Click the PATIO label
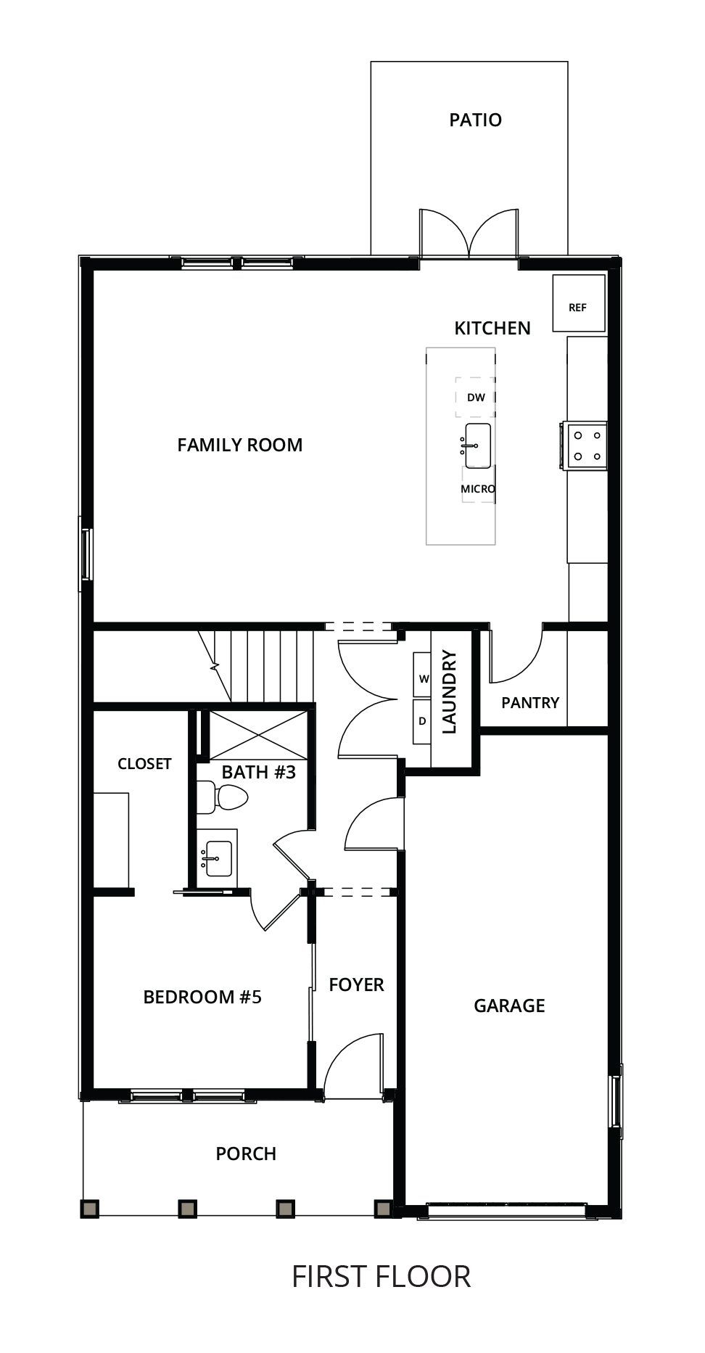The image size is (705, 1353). click(475, 120)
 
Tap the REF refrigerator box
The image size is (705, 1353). click(578, 303)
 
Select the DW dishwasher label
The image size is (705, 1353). click(476, 398)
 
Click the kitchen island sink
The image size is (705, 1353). click(477, 445)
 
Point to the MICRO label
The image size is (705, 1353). click(478, 489)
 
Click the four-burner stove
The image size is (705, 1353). click(584, 446)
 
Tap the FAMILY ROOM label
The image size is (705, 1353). click(240, 445)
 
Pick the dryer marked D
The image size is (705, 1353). click(422, 721)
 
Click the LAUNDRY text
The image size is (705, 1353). click(449, 692)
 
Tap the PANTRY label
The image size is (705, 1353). click(530, 702)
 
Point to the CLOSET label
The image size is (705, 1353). click(144, 764)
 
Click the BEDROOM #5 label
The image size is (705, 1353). click(202, 997)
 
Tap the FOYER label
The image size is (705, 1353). click(356, 984)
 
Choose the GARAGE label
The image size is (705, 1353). click(509, 1006)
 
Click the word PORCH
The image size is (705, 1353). click(246, 1153)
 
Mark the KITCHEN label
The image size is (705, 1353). click(492, 329)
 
